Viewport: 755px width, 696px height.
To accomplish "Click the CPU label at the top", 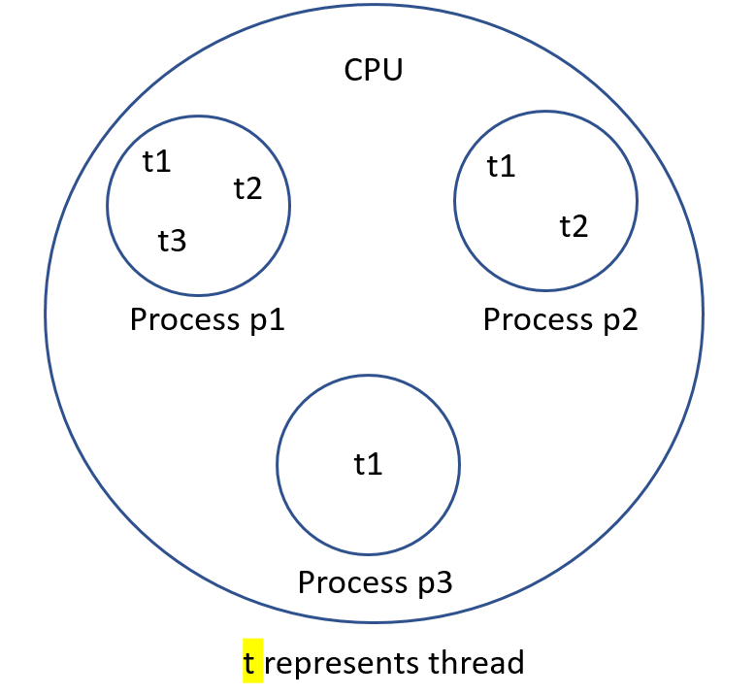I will coord(374,70).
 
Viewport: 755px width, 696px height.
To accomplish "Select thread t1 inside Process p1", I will coord(156,161).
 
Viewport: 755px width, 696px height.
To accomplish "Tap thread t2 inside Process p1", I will coord(247,187).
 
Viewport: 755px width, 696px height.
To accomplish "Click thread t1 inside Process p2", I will coord(501,167).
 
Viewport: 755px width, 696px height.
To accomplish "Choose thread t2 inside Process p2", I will coord(574,226).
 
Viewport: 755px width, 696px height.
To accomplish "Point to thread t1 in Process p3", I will coord(368,464).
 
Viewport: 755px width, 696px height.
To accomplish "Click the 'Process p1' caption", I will coord(207,319).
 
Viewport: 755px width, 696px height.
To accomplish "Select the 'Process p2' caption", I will coord(560,319).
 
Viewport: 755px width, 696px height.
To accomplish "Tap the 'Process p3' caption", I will coord(375,582).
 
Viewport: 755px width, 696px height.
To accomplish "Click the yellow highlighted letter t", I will coord(251,662).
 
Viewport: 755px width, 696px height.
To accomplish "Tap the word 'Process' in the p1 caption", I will coord(179,319).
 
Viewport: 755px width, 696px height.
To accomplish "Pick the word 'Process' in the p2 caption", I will coord(532,319).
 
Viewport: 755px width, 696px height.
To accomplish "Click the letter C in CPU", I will coord(354,70).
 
